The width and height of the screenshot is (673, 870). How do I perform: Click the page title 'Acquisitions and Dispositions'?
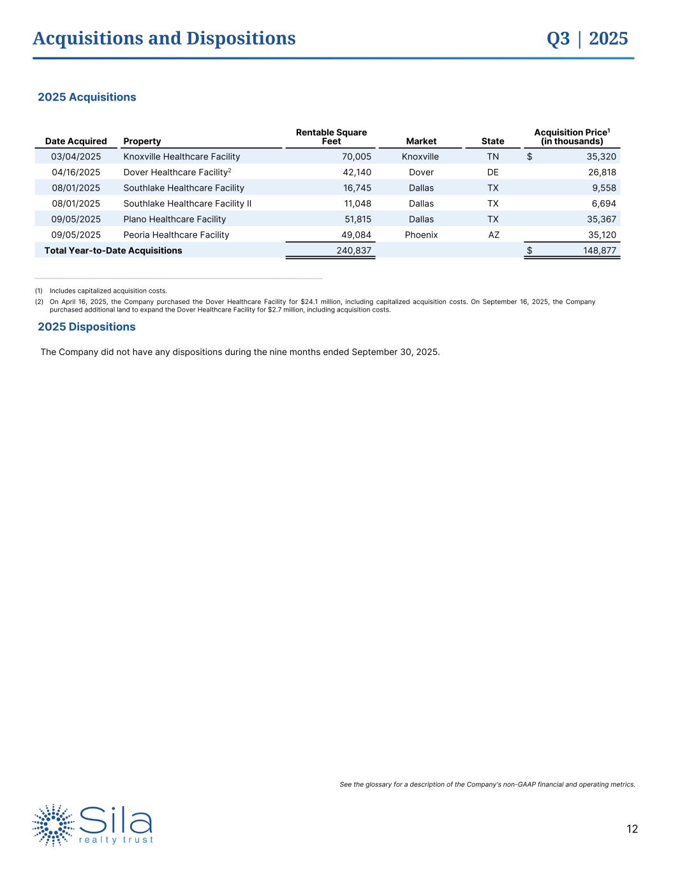pos(164,38)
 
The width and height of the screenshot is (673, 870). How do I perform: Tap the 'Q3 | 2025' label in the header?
pos(587,38)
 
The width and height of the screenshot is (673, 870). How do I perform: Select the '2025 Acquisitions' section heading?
pos(87,97)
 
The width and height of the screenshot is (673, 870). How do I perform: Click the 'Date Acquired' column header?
pos(76,141)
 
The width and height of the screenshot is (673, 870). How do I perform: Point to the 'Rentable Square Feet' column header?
pos(331,136)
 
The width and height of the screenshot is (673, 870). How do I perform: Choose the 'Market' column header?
pos(421,141)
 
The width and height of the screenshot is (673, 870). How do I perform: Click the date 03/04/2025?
pos(76,156)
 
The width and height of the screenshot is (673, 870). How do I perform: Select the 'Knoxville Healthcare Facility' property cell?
pos(181,156)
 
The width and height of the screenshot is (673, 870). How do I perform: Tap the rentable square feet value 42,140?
pos(357,172)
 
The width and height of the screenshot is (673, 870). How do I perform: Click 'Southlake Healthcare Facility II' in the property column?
pos(187,203)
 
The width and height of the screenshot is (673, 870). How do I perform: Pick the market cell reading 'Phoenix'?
pos(421,235)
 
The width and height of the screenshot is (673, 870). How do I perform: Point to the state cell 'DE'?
pos(492,172)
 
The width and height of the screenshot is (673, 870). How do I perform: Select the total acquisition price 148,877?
pos(600,250)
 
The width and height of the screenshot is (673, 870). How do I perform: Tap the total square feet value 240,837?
pos(353,250)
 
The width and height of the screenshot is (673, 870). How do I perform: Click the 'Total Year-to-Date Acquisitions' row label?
pos(113,250)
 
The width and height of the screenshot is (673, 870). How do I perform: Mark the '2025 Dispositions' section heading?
pos(87,326)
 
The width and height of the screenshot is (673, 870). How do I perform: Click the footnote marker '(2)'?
pos(39,301)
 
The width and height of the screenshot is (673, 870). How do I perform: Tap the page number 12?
pos(632,829)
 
